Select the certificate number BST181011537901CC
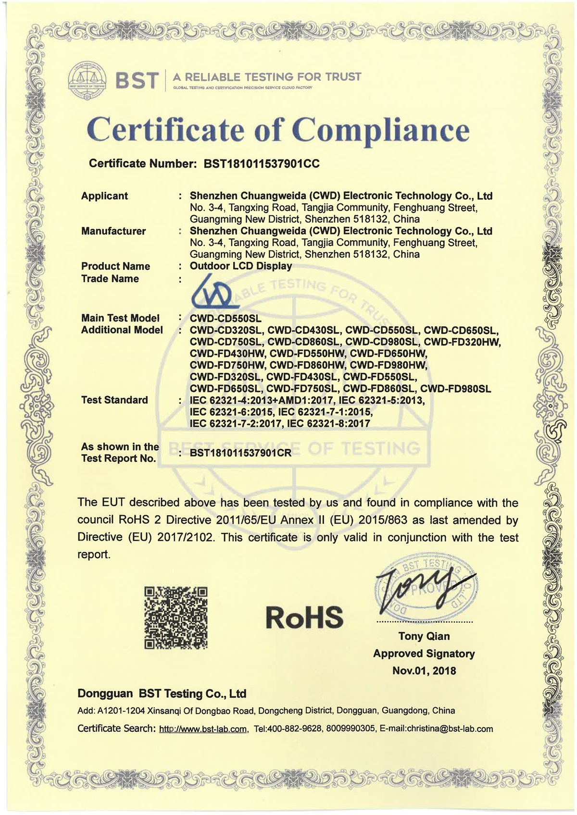(x=262, y=164)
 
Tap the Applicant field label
(x=104, y=196)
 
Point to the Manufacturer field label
(x=113, y=231)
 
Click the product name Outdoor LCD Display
(x=240, y=266)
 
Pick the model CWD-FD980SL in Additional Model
(x=455, y=389)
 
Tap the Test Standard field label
(x=114, y=400)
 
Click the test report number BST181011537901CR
(x=240, y=453)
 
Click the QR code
(x=176, y=617)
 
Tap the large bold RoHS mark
(x=304, y=617)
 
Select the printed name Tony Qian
(x=424, y=636)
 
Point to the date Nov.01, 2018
(x=424, y=671)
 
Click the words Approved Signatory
(x=424, y=654)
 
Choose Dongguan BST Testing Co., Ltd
(x=162, y=693)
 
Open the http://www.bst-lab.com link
(x=203, y=729)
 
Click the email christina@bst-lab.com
(x=450, y=729)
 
